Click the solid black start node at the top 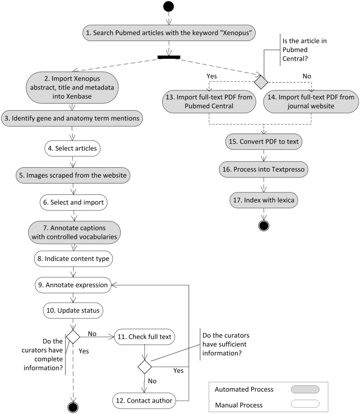pyautogui.click(x=169, y=7)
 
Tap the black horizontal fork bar pyautogui.click(x=169, y=57)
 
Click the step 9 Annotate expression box pyautogui.click(x=73, y=285)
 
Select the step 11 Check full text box pyautogui.click(x=144, y=337)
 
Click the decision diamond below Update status pyautogui.click(x=73, y=336)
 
